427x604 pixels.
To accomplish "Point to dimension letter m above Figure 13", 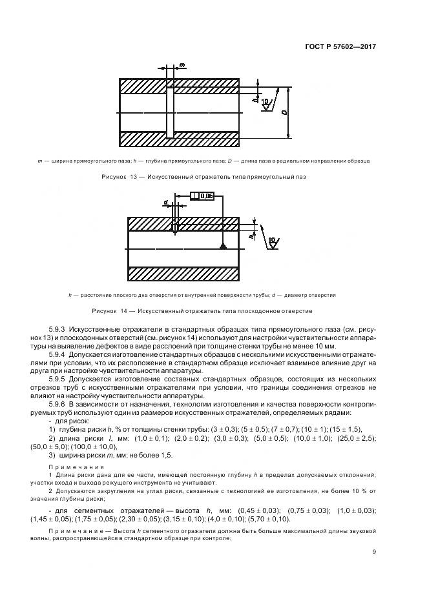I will tap(182, 66).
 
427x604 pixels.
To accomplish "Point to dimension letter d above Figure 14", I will tap(166, 201).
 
